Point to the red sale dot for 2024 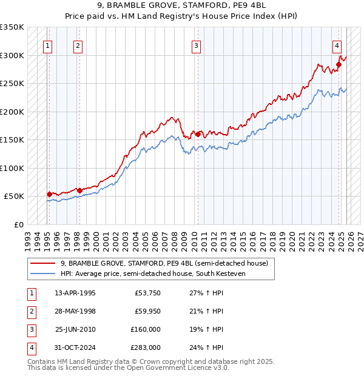tap(339, 65)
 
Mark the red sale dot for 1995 tap(49, 194)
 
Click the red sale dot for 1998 tap(79, 190)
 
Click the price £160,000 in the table tap(146, 329)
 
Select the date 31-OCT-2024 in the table tap(75, 347)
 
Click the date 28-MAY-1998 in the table tap(75, 311)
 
